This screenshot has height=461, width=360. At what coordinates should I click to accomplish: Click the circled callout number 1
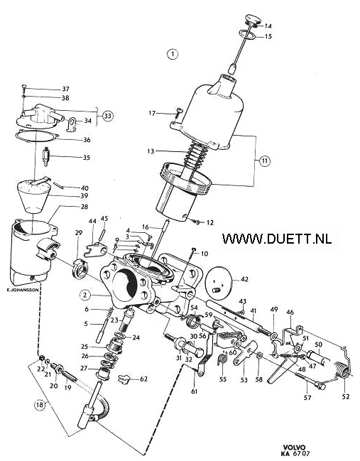[173, 54]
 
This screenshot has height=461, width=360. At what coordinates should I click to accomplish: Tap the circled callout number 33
[107, 116]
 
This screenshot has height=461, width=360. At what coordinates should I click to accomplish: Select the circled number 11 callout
[265, 161]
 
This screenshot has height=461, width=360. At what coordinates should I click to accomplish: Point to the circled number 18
[40, 405]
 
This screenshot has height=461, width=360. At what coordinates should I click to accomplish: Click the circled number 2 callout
[85, 295]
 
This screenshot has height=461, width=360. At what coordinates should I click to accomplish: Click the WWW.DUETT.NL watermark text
[277, 238]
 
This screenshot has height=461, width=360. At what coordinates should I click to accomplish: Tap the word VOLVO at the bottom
[293, 448]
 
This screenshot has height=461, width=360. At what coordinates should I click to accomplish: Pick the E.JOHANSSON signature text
[22, 290]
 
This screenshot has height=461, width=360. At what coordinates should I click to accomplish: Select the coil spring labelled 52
[342, 371]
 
